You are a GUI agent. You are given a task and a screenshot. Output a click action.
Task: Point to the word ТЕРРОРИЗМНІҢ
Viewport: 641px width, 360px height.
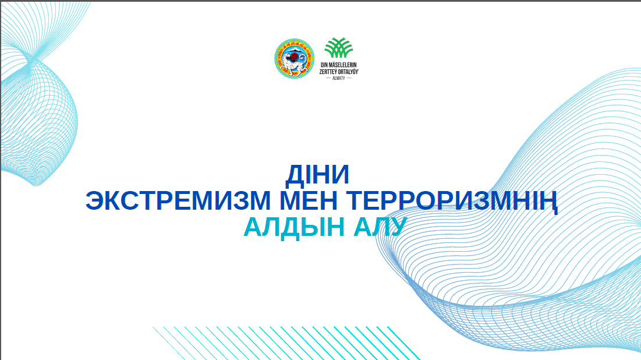[x=454, y=201]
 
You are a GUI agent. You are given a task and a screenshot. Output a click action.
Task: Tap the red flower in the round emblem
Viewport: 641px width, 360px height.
[x=295, y=57]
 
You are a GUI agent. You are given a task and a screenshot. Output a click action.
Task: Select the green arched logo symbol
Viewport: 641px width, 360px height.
[x=339, y=48]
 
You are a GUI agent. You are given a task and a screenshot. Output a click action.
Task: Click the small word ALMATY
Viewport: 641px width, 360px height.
[x=339, y=77]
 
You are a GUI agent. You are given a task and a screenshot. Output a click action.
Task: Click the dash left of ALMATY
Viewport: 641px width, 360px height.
[x=328, y=77]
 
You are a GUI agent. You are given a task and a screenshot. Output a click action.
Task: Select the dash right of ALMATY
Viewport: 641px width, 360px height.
[x=349, y=77]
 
